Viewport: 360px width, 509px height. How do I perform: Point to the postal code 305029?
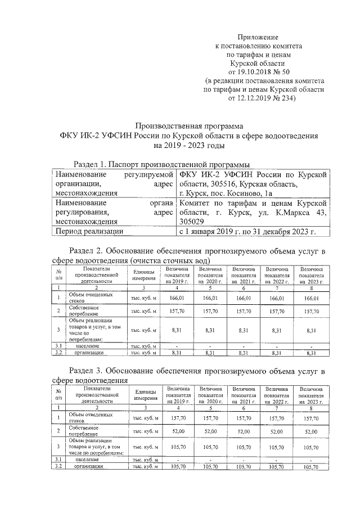click(194, 222)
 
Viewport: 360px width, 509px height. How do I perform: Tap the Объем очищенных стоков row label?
click(90, 297)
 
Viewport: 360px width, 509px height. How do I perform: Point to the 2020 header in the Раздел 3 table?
click(210, 395)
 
